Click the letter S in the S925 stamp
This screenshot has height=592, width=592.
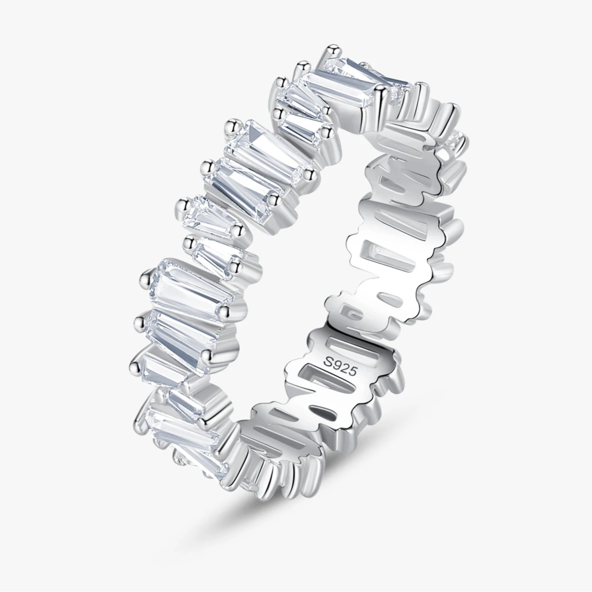[x=329, y=362]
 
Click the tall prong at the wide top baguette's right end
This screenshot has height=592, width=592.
[x=381, y=96]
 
